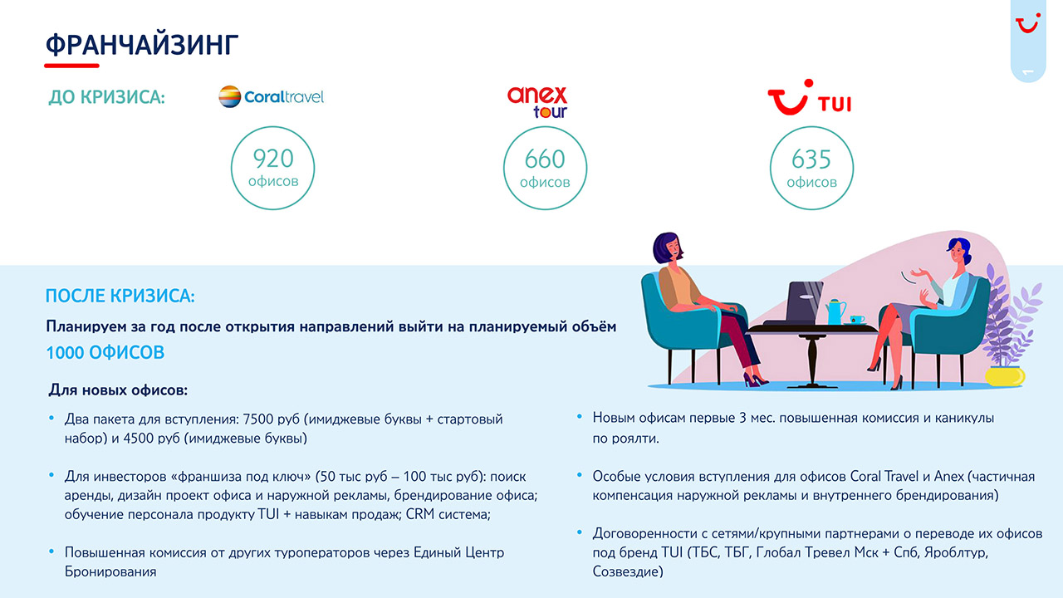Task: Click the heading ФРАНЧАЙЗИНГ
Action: pyautogui.click(x=142, y=45)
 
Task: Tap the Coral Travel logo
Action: pyautogui.click(x=271, y=97)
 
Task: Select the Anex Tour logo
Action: pyautogui.click(x=537, y=101)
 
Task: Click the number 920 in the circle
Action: pyautogui.click(x=273, y=159)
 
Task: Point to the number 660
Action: pyautogui.click(x=545, y=159)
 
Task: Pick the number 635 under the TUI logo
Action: pyautogui.click(x=811, y=159)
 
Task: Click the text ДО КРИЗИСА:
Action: pyautogui.click(x=107, y=97)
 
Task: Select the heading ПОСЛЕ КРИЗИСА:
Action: pyautogui.click(x=120, y=296)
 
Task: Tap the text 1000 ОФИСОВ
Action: pyautogui.click(x=105, y=353)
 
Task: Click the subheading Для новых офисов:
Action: pyautogui.click(x=118, y=390)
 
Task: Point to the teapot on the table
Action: pyautogui.click(x=835, y=311)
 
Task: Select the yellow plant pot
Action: pyautogui.click(x=1005, y=376)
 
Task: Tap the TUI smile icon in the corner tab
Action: pyautogui.click(x=1028, y=23)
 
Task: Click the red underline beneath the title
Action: pyautogui.click(x=71, y=66)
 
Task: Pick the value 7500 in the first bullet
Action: pyautogui.click(x=258, y=419)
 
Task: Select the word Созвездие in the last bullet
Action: pyautogui.click(x=627, y=571)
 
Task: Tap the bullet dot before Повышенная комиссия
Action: pyautogui.click(x=51, y=551)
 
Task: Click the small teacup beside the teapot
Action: pyautogui.click(x=856, y=320)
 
